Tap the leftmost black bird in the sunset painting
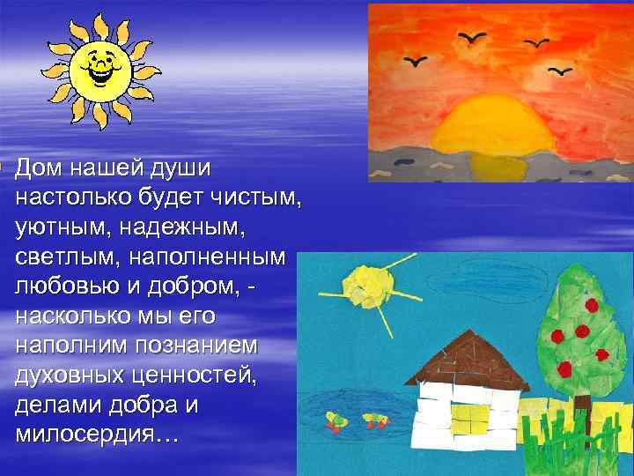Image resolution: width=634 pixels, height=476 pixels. click(413, 62)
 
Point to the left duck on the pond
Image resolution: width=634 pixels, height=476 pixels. click(335, 420)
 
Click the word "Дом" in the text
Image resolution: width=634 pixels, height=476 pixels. click(40, 167)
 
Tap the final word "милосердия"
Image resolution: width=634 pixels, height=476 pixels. click(91, 435)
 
